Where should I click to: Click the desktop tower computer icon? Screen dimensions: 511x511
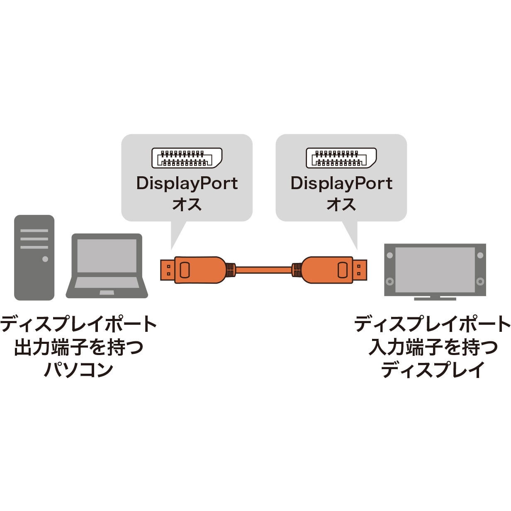click(x=34, y=257)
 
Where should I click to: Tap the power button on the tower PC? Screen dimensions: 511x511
click(x=45, y=259)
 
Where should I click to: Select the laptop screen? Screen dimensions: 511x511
click(x=107, y=256)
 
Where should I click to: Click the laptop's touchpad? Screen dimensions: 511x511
click(x=107, y=292)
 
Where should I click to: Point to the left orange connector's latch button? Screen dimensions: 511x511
click(x=185, y=270)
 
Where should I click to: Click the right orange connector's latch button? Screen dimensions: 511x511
click(x=342, y=270)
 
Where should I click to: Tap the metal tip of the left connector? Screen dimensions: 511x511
click(x=167, y=270)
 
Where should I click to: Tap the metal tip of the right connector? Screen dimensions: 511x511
click(x=360, y=270)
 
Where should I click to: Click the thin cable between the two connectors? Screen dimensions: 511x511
click(x=263, y=270)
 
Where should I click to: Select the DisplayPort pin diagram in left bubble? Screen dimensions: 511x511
click(x=187, y=158)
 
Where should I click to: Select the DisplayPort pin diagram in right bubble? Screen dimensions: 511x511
click(x=341, y=158)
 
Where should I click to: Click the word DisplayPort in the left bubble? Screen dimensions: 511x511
click(x=187, y=183)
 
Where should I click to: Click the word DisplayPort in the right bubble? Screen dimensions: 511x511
click(x=341, y=183)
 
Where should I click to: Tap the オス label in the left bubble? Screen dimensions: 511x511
click(x=187, y=204)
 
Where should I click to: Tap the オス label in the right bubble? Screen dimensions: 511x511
click(x=341, y=204)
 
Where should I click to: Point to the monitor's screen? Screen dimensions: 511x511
click(x=435, y=270)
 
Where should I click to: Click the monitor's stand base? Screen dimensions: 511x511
click(x=435, y=298)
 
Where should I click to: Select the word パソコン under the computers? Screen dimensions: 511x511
click(x=78, y=369)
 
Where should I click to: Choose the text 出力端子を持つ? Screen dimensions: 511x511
click(x=78, y=347)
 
